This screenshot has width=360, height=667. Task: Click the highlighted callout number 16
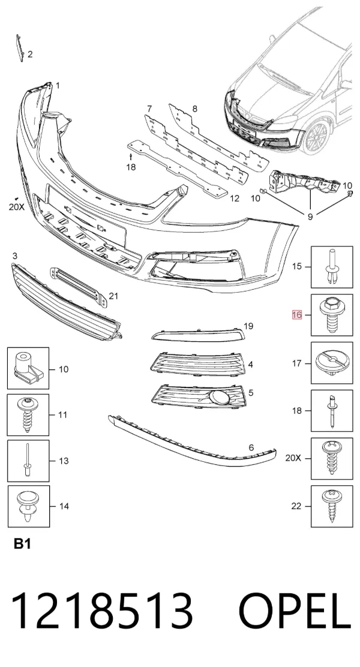pos(296,315)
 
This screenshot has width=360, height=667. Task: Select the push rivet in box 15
pos(332,267)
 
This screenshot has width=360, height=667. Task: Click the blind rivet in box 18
pos(332,411)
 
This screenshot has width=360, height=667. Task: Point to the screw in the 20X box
pos(332,458)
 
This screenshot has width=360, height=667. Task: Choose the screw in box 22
pos(332,506)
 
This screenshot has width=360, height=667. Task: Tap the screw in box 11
pos(28,414)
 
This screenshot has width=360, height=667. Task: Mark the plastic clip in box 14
pos(28,506)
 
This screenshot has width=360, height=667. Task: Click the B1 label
pos(22,543)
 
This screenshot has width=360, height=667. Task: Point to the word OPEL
pos(295,612)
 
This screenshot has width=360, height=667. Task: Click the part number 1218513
pos(102,612)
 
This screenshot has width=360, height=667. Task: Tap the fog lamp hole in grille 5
pos(221,397)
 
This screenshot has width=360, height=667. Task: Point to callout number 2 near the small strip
pos(30,55)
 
